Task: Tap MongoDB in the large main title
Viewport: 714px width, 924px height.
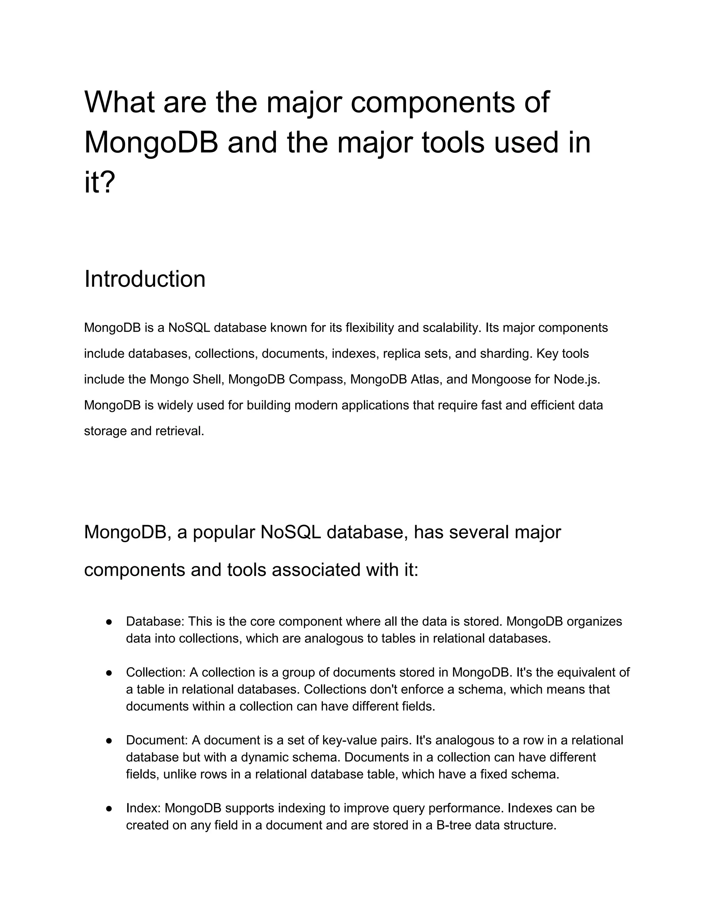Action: click(151, 143)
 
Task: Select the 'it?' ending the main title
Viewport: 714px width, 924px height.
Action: click(99, 183)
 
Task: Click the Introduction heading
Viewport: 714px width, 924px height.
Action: click(145, 279)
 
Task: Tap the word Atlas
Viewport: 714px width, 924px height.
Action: click(425, 379)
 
